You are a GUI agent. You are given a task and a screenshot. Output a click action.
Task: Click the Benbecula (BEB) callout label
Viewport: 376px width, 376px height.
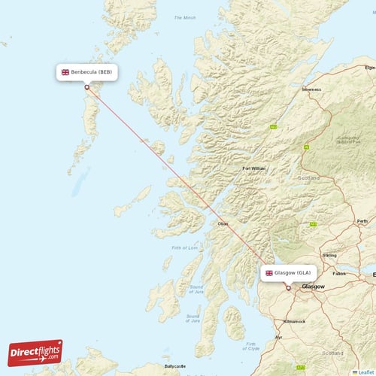coord(87,72)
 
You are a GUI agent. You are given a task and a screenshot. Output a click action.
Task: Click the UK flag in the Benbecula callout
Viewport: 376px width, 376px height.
coord(65,72)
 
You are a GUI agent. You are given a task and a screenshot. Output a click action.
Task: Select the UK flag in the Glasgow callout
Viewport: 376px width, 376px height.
coord(268,272)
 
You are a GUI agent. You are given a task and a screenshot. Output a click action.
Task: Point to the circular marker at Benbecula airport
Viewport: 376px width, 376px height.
coord(87,87)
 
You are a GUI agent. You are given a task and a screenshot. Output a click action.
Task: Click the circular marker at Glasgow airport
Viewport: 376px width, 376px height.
coord(288,287)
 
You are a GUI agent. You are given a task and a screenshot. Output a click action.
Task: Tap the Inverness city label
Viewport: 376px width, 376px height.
coord(311,89)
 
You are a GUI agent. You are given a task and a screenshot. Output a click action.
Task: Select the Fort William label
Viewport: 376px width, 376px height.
coord(253,168)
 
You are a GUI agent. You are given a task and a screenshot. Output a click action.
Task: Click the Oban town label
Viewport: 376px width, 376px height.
coord(223,223)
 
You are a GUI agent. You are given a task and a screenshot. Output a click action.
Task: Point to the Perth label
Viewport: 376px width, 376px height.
coord(362,221)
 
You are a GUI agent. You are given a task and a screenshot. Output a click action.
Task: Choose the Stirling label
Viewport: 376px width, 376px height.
coord(329,256)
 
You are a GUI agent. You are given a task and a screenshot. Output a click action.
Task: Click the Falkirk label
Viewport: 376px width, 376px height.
coord(340,274)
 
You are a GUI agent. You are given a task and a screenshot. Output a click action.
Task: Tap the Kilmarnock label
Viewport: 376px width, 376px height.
coord(294,321)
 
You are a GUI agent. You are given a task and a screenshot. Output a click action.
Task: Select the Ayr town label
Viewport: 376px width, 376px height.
coord(278,338)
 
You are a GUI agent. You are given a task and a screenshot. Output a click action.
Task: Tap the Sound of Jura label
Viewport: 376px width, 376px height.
coord(197,290)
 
